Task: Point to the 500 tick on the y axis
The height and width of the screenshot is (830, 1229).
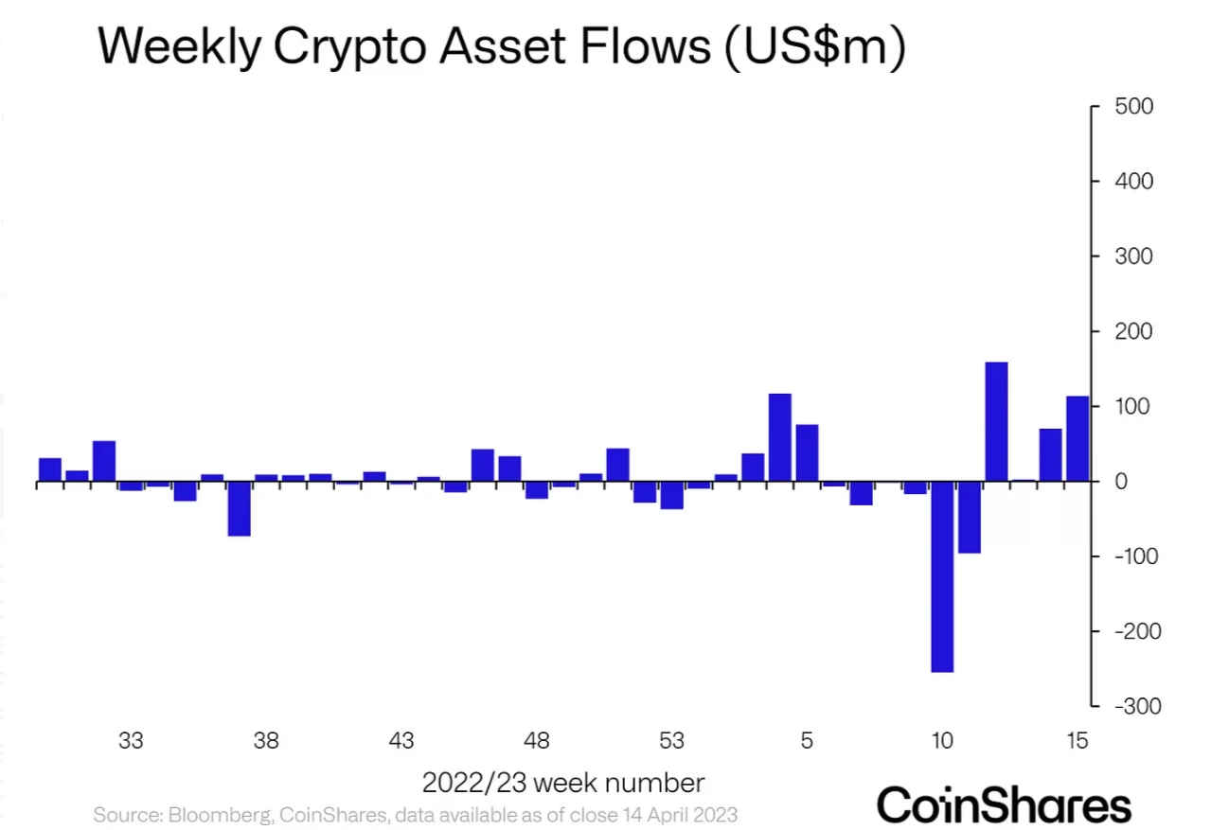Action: point(1132,106)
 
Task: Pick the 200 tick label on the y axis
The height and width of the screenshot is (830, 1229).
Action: point(1132,331)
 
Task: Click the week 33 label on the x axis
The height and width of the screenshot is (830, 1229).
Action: point(131,741)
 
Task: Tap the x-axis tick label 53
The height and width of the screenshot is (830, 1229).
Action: point(671,741)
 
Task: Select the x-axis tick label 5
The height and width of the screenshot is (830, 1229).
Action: point(807,741)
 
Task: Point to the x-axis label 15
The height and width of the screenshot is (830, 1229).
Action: point(1077,741)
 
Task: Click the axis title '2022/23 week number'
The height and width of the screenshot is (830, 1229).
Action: point(562,784)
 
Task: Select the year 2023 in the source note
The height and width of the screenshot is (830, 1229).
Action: point(711,814)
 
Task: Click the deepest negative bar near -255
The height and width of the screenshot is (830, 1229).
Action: point(942,576)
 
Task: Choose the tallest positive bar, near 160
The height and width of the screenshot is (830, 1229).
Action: point(996,421)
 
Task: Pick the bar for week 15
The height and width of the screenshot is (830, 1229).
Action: point(1078,438)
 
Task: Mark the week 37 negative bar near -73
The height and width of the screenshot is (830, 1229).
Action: point(239,509)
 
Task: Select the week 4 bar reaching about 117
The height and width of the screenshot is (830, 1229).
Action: point(780,437)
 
